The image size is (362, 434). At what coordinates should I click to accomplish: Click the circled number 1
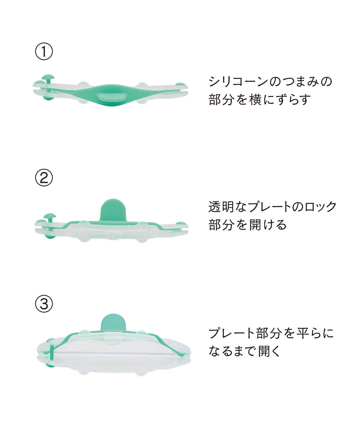[x=44, y=51]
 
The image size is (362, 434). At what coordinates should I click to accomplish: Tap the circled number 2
[x=44, y=177]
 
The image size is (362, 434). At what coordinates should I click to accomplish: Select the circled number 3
[x=44, y=304]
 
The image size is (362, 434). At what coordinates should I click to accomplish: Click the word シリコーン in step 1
[x=239, y=81]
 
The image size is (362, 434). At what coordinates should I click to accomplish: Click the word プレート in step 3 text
[x=232, y=333]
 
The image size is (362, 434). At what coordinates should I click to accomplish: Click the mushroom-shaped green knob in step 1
[x=48, y=80]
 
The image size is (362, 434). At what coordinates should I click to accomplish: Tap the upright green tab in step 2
[x=113, y=210]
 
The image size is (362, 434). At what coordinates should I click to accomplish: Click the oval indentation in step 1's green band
[x=112, y=97]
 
